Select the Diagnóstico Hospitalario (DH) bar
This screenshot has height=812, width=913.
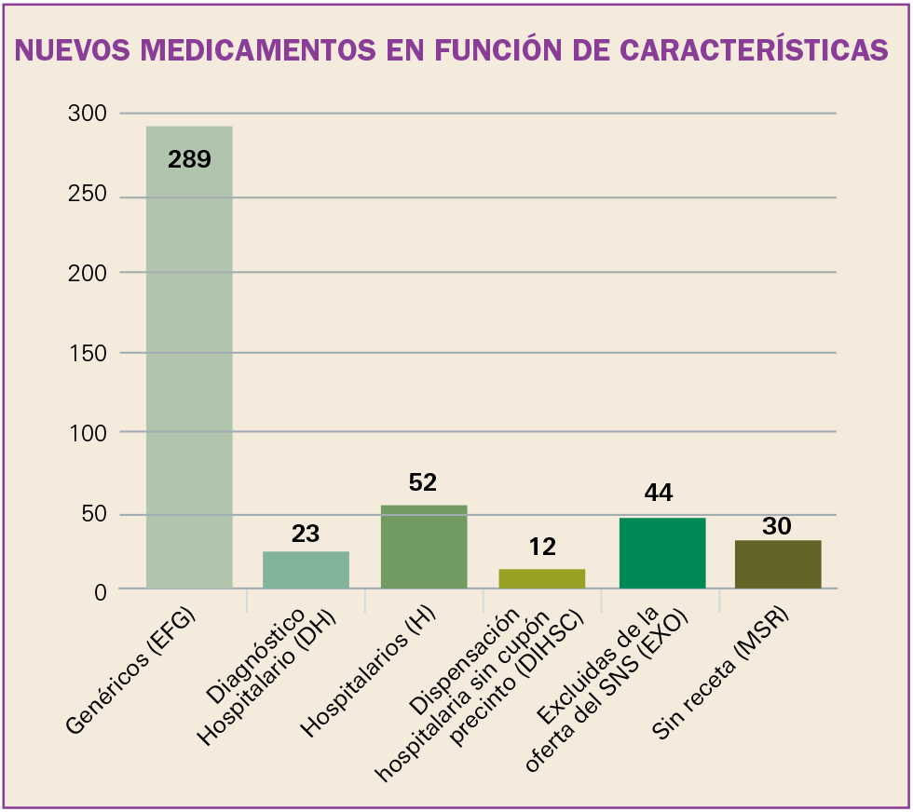coord(306,570)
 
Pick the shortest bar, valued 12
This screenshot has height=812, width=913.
coord(542,578)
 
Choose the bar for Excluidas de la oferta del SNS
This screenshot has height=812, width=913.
coord(661,553)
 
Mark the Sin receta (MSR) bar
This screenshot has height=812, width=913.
coord(778,564)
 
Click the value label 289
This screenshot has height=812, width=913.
coord(190,159)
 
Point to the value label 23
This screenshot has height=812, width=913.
coord(306,534)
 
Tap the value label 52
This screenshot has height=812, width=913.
coord(423,482)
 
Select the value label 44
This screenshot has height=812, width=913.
coord(659,493)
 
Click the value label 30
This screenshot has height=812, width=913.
coord(777,526)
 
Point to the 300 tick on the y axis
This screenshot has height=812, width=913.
coord(88,114)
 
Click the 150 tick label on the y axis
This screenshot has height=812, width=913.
coord(88,353)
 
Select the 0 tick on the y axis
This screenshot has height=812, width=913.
coord(100,590)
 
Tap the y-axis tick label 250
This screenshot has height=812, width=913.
coord(88,195)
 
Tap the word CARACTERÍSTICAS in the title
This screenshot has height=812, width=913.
coord(742,49)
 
